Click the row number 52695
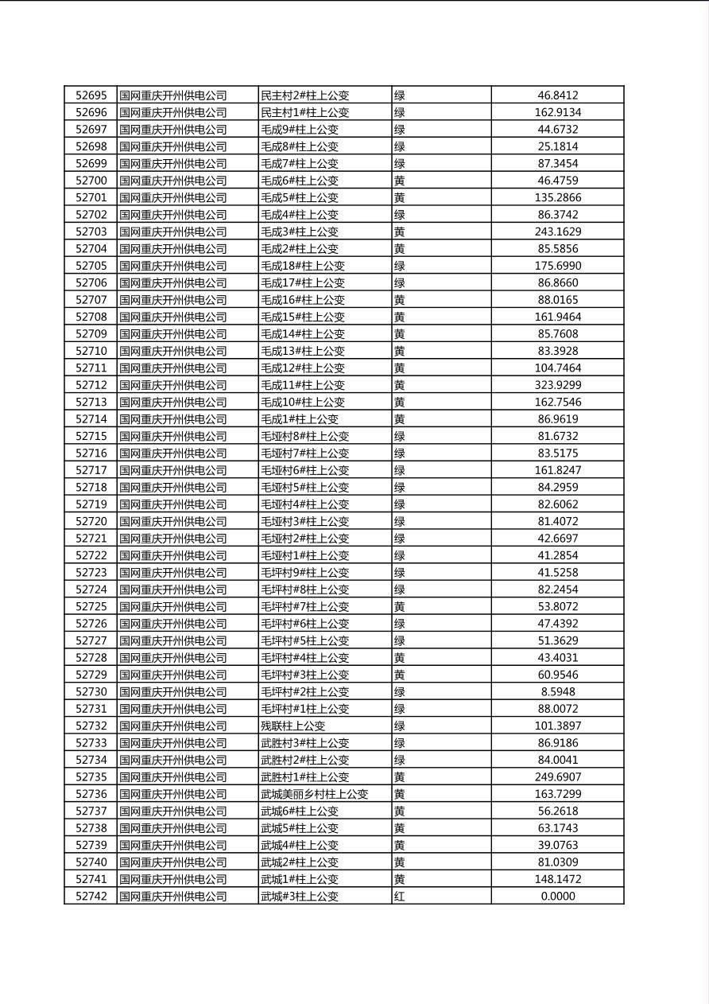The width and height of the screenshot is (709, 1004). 91,95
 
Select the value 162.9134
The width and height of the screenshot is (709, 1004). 557,112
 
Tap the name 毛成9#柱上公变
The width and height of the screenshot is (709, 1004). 300,130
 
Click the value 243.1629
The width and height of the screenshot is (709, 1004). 557,232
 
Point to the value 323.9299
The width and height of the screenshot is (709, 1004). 557,385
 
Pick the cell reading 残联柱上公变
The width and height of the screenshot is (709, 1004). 293,726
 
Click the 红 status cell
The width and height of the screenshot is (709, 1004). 400,896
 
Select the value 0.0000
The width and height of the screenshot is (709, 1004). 557,896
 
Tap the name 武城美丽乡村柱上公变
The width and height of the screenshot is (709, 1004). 315,794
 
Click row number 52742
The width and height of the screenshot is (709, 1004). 91,896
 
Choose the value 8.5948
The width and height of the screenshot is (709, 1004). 557,691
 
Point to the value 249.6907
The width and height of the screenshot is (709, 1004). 557,776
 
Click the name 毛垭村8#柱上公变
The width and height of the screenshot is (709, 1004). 305,436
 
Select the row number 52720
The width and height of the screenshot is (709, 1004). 91,521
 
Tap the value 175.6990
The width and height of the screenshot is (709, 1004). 557,266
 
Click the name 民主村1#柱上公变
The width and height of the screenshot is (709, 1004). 305,112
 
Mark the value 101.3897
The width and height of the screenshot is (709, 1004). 557,726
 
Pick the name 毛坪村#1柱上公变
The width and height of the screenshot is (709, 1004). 305,709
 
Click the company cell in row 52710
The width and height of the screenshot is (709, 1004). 173,351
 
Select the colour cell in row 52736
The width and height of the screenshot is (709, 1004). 400,794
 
